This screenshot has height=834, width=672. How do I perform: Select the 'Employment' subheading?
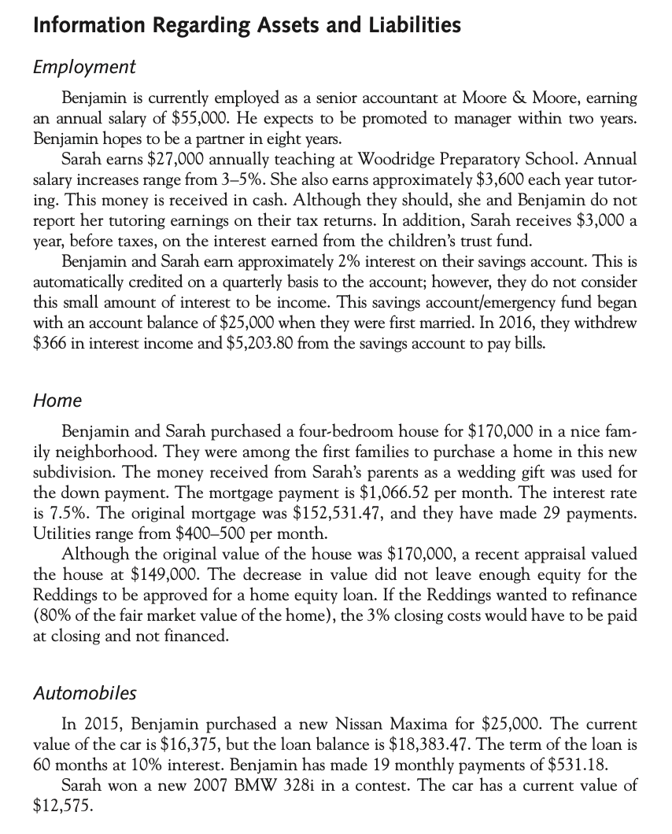85,67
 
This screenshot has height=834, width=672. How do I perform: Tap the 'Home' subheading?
57,400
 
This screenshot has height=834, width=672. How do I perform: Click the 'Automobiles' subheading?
85,693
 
